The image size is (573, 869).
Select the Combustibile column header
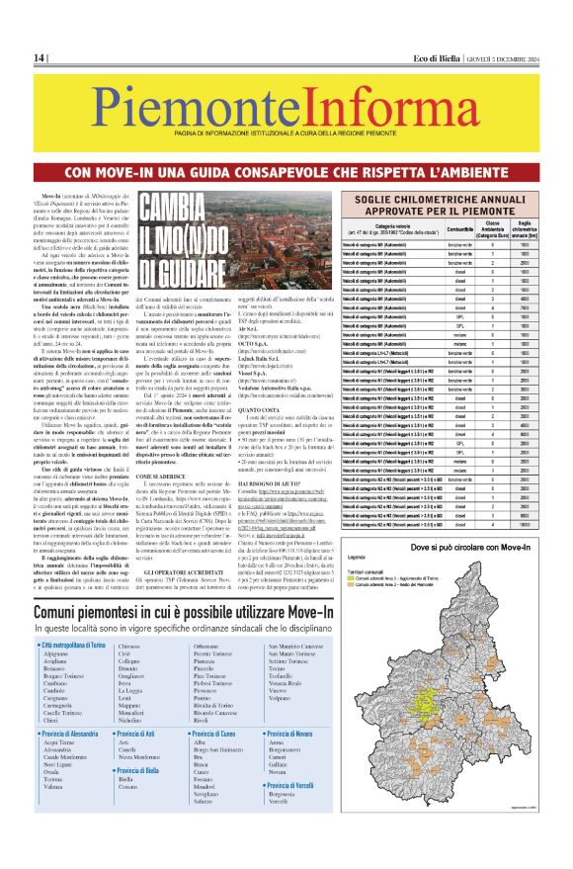click(488, 229)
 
